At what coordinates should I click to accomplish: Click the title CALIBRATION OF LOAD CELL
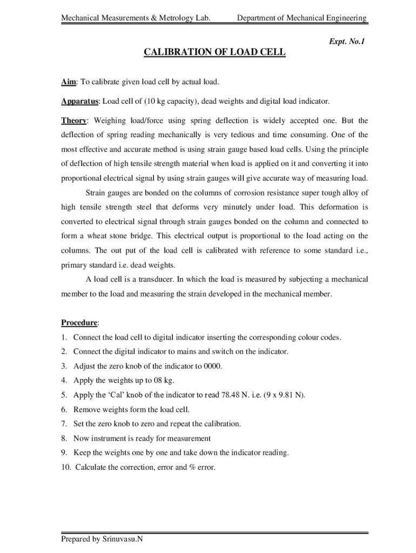pyautogui.click(x=214, y=52)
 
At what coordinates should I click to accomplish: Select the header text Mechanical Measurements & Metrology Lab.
pyautogui.click(x=135, y=18)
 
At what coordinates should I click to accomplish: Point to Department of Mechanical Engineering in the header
pyautogui.click(x=302, y=18)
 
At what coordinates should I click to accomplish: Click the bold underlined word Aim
pyautogui.click(x=68, y=82)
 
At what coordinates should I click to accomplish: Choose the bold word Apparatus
pyautogui.click(x=79, y=102)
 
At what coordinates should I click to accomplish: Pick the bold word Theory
pyautogui.click(x=73, y=120)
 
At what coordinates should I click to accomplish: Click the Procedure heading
pyautogui.click(x=79, y=323)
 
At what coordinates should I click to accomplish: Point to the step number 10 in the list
pyautogui.click(x=65, y=467)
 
